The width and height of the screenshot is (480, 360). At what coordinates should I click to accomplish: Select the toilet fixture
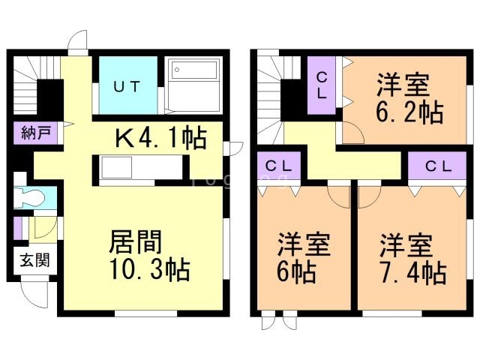pyautogui.click(x=32, y=198)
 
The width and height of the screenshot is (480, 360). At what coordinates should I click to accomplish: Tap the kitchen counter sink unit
pyautogui.click(x=136, y=168)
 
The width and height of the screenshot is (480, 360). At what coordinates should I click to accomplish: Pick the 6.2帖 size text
pyautogui.click(x=408, y=114)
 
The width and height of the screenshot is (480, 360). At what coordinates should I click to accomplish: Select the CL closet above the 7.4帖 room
pyautogui.click(x=436, y=166)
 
